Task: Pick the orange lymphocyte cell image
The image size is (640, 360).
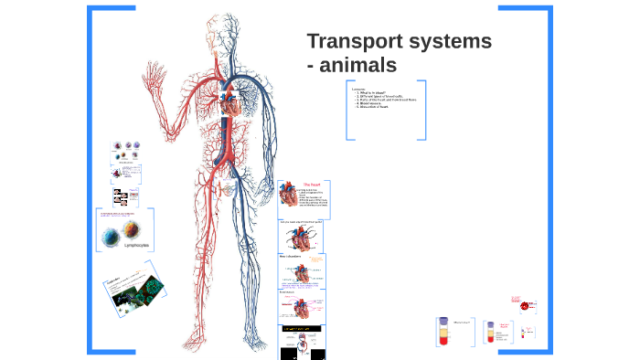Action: point(133,232)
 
